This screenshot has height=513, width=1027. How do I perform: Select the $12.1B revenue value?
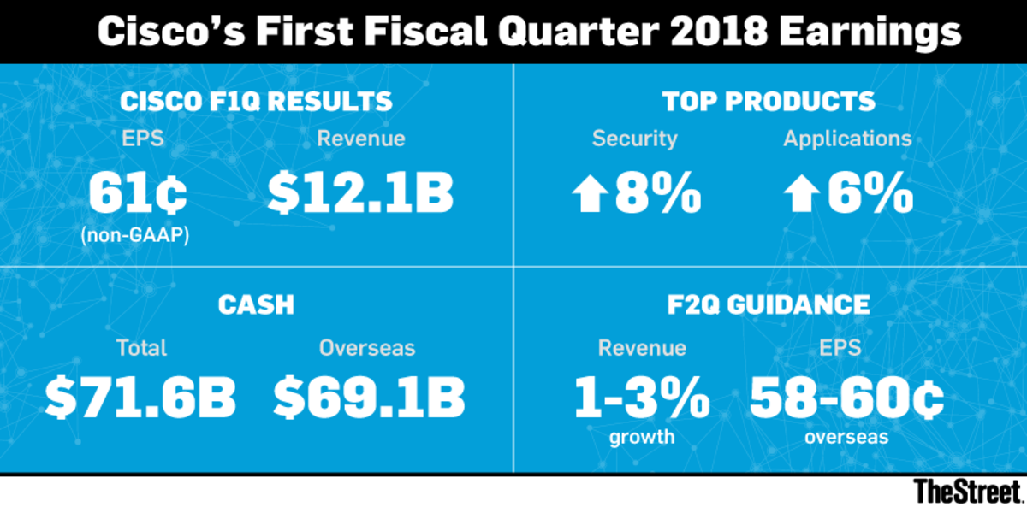[359, 194]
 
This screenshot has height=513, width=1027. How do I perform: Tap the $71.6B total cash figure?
[140, 397]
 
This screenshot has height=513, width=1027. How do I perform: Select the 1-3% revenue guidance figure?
[641, 397]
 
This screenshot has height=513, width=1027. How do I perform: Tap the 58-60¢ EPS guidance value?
[846, 397]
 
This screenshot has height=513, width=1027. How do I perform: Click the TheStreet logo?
[967, 492]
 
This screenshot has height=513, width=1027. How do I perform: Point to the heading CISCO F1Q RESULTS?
[256, 102]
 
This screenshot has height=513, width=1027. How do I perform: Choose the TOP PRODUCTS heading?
[769, 102]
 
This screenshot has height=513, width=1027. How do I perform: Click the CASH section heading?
[256, 304]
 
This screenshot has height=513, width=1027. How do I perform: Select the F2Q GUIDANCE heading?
[769, 304]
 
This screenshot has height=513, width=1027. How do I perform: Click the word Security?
[634, 139]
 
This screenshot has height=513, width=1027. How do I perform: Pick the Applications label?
[847, 139]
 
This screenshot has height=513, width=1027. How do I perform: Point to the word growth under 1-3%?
[641, 438]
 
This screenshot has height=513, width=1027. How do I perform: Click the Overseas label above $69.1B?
[367, 348]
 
